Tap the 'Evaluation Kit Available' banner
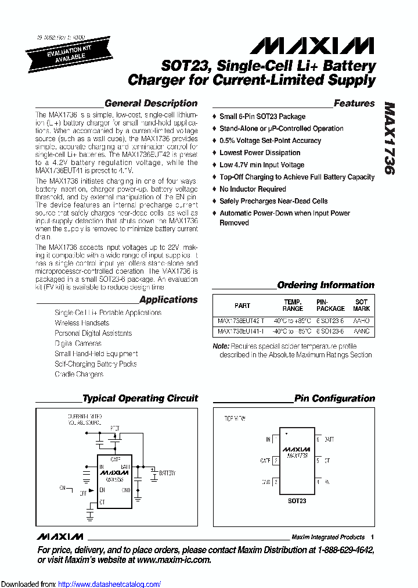coord(57,53)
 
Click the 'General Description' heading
coord(150,103)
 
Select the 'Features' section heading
coord(354,103)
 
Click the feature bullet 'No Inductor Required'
coord(253,189)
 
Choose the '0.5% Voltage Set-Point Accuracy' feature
coord(270,141)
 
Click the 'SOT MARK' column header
coord(361,305)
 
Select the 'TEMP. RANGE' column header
coord(293,305)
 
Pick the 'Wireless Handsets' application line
coord(82,322)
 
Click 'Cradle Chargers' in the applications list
coord(79,374)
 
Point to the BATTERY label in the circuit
coord(167,474)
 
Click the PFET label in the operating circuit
coord(114,428)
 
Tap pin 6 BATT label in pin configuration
coord(329,439)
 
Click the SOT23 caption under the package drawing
coord(297,501)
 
